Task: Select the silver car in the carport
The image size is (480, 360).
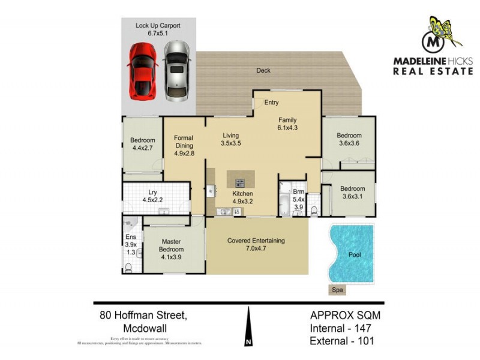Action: click(176, 70)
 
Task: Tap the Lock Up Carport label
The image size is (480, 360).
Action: click(158, 30)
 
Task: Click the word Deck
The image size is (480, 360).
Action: click(263, 70)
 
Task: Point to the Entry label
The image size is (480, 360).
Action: click(271, 103)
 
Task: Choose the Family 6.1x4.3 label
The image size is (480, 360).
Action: click(287, 124)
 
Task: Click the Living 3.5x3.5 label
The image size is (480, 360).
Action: click(230, 139)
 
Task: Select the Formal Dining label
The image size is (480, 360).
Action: click(184, 146)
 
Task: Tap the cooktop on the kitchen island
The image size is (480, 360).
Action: click(240, 182)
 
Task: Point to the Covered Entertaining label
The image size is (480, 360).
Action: click(256, 245)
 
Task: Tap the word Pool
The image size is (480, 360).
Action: click(355, 254)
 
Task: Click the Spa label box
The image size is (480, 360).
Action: click(339, 290)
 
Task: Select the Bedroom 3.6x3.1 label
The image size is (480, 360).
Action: click(352, 191)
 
